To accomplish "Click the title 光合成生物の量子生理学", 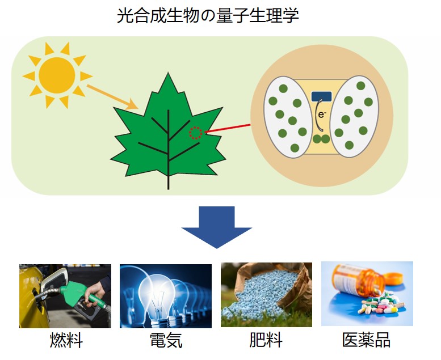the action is point(208,15).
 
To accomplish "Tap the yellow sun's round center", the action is point(57,75).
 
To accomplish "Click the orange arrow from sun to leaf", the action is point(112,97).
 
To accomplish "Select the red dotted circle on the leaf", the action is point(195,133).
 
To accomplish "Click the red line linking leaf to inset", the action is point(228,128).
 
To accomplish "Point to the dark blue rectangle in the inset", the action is point(321,96).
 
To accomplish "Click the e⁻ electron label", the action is point(322,115).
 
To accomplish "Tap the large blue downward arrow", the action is point(216,227).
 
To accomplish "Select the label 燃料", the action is point(66,340).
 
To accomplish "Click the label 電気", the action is point(166,340).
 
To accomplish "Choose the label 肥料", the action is point(266,340).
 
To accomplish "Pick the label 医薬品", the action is point(366,340).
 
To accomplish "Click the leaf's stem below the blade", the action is point(168,182).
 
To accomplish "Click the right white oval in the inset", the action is point(354,116).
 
